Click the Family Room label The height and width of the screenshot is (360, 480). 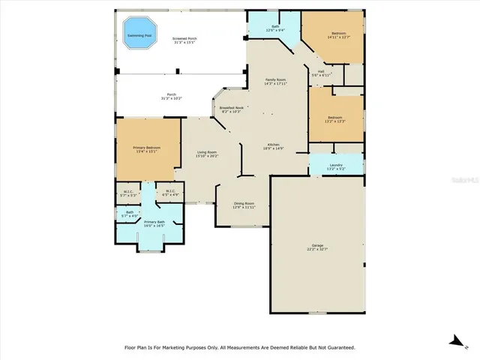[x=276, y=80]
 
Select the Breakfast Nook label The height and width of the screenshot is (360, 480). [x=231, y=108]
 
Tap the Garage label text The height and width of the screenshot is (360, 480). [x=317, y=245]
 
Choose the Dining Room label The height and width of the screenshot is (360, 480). [x=244, y=203]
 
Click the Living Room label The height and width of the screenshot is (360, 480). [x=207, y=153]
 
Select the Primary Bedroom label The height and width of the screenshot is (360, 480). [x=148, y=148]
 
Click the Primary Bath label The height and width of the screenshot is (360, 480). [x=154, y=222]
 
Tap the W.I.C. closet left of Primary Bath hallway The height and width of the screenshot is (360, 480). [x=128, y=192]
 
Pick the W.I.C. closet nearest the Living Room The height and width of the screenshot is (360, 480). [x=170, y=192]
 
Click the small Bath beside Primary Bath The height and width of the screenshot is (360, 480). [x=129, y=213]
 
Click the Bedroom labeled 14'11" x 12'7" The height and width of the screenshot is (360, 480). [x=339, y=34]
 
